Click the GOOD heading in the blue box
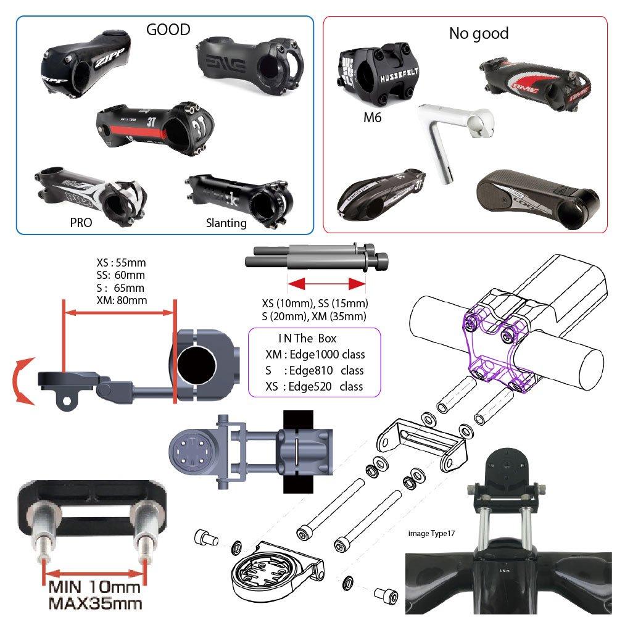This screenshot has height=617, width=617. point(168,30)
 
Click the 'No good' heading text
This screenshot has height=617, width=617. point(479,33)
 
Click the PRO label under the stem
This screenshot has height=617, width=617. point(80,223)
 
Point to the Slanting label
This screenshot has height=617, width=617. point(226,223)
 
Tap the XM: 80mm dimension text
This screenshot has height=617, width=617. point(122,300)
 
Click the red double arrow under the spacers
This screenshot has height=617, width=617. point(327,284)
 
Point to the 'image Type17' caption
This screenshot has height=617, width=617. point(439,531)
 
